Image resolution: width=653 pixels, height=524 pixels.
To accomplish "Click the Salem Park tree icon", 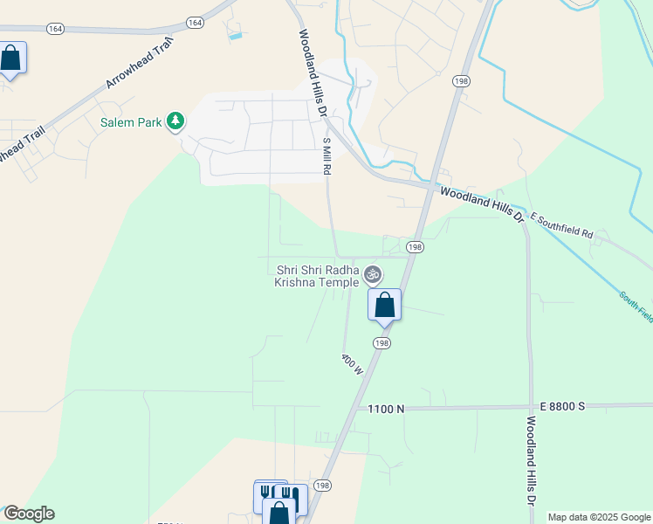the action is [176, 121].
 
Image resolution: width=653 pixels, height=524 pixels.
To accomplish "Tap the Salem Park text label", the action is [131, 123].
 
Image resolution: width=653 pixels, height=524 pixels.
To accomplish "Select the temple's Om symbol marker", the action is [373, 274].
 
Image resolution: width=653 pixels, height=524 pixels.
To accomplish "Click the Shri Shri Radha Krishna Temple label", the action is [318, 276].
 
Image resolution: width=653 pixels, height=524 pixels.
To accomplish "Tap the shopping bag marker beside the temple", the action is [384, 306].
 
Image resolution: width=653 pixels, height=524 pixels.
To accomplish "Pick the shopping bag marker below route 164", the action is [10, 59].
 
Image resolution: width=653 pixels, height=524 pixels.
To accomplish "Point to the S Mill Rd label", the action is [327, 155].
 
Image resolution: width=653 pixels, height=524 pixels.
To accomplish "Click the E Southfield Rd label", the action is [560, 229].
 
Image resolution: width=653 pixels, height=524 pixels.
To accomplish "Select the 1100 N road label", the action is [386, 409].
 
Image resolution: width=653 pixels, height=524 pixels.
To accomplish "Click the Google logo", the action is [28, 514].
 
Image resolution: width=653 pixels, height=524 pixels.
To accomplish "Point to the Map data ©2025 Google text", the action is [599, 517].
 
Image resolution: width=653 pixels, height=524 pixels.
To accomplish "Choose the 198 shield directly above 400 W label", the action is [381, 343].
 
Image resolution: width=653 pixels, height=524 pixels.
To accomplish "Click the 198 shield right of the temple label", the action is [415, 247].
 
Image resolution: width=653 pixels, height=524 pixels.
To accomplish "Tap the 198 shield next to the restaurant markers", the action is [322, 486].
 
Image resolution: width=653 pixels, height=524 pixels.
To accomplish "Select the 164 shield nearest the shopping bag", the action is [56, 29].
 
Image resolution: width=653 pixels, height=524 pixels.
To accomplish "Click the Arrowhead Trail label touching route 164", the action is [135, 63].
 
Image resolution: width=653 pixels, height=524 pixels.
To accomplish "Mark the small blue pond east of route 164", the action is [234, 31].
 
